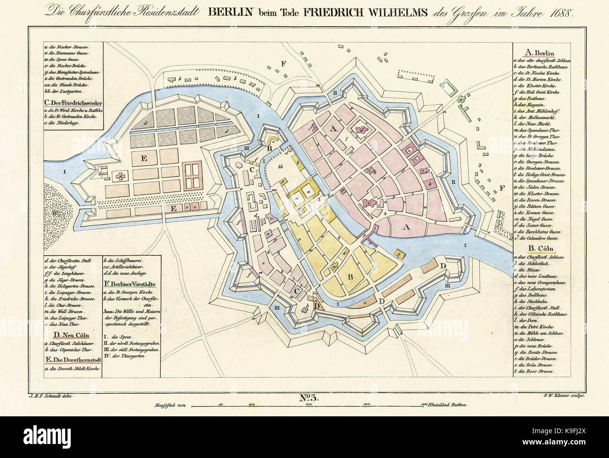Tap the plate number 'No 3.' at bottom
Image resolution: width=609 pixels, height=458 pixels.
click(x=308, y=398)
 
